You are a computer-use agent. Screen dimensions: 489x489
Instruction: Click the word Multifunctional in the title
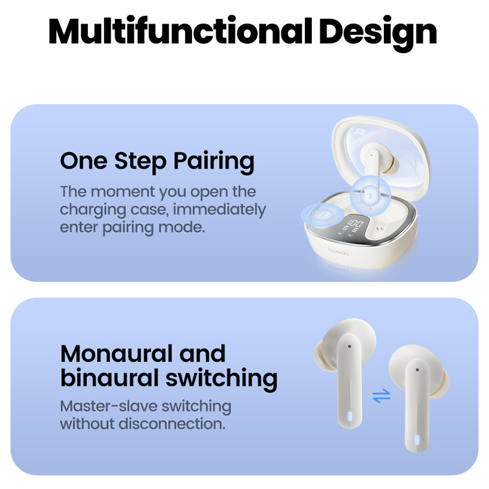[180, 31]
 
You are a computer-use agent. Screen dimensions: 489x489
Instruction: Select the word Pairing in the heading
[213, 161]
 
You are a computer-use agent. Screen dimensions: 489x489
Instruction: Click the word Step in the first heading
[140, 161]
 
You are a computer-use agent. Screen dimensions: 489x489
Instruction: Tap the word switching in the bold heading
[221, 379]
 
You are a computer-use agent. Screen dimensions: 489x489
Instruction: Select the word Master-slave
[109, 406]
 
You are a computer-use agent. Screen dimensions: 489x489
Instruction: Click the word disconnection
[172, 424]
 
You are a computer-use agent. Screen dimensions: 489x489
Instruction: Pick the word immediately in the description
[219, 209]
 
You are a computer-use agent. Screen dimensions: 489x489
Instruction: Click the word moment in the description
[123, 191]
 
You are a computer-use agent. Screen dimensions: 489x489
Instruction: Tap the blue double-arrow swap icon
[381, 395]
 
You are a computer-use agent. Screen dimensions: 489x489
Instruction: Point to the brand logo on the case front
[339, 251]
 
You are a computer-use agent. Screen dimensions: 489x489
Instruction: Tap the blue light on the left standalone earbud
[350, 416]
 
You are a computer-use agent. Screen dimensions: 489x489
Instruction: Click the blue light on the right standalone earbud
[416, 439]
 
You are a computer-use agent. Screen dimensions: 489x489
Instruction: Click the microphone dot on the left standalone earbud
[349, 347]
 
